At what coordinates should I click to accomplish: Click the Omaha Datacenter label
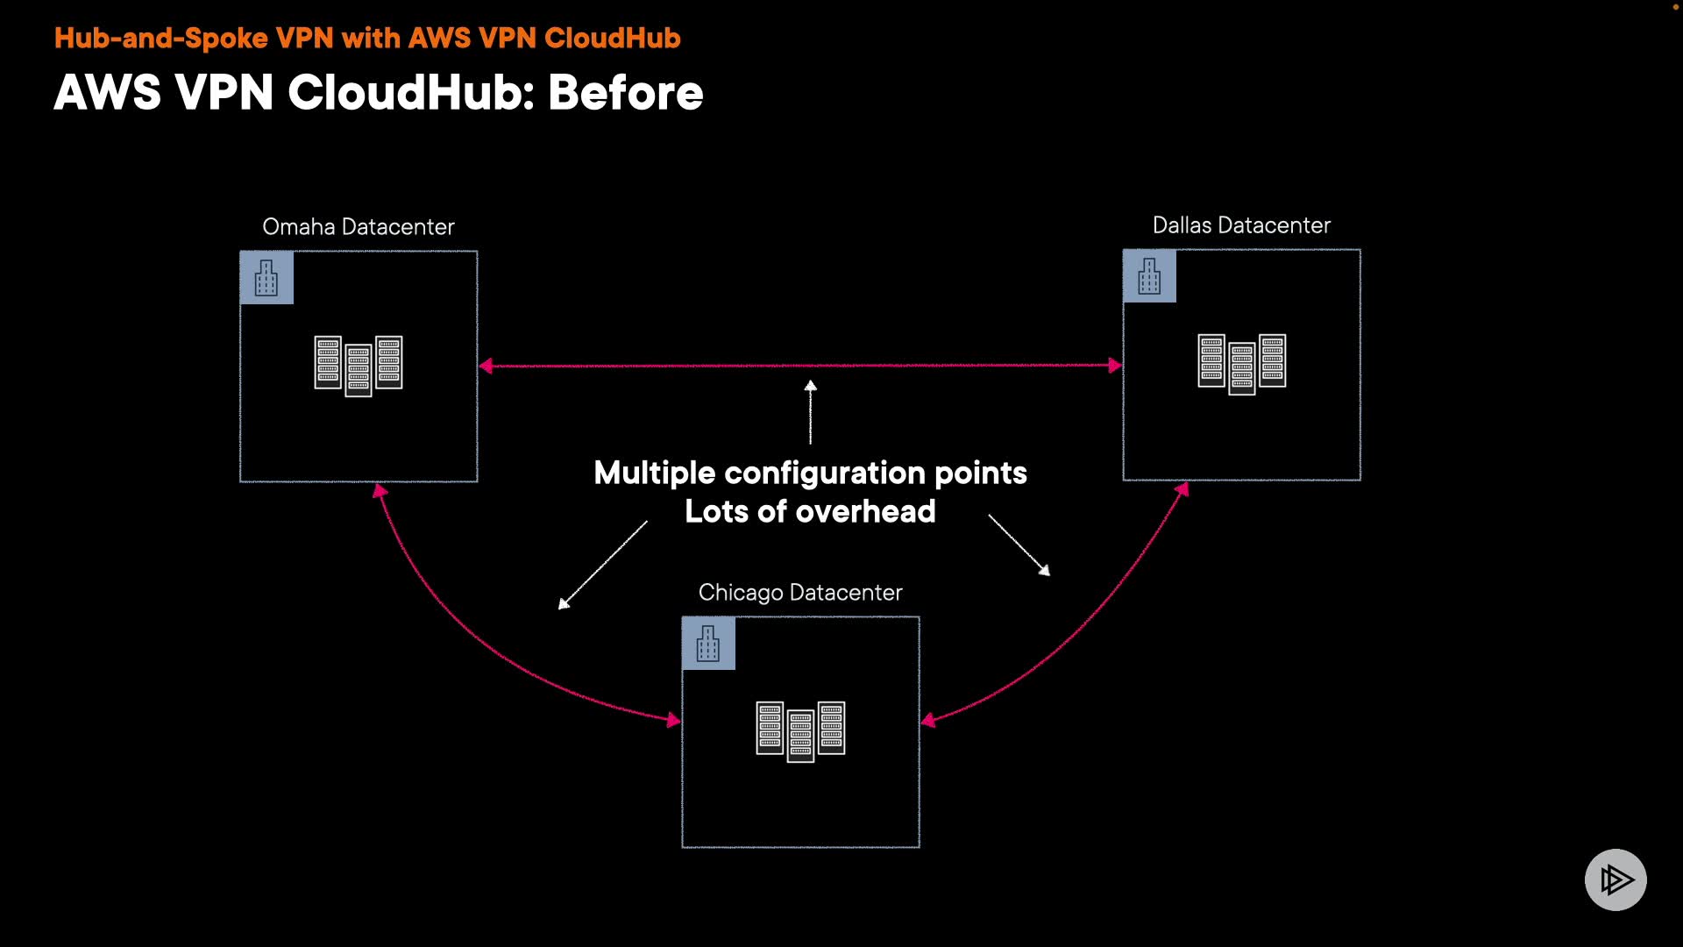(x=359, y=227)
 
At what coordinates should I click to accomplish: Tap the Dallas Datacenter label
(x=1241, y=225)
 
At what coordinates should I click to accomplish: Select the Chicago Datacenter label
(x=800, y=593)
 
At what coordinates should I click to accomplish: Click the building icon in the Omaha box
(x=266, y=278)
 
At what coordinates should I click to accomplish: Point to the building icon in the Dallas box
(x=1149, y=276)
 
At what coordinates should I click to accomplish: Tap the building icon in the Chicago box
(x=708, y=644)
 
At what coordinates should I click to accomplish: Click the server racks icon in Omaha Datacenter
(x=359, y=366)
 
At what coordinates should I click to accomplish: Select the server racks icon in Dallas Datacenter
(x=1242, y=364)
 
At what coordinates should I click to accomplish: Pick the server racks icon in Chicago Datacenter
(x=800, y=731)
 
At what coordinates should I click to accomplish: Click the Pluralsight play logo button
(x=1616, y=879)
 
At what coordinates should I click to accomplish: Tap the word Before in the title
(x=626, y=93)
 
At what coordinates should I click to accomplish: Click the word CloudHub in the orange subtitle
(x=612, y=38)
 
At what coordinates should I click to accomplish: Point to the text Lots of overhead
(x=810, y=511)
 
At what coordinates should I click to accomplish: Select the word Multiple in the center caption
(x=655, y=473)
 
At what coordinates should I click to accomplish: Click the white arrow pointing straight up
(x=811, y=412)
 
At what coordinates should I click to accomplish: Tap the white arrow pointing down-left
(x=603, y=565)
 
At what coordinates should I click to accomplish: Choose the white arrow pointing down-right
(x=1019, y=545)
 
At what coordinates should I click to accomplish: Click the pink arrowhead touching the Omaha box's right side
(x=486, y=366)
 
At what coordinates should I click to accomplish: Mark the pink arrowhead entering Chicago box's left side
(x=673, y=720)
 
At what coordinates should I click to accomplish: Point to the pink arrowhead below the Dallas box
(x=1182, y=489)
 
